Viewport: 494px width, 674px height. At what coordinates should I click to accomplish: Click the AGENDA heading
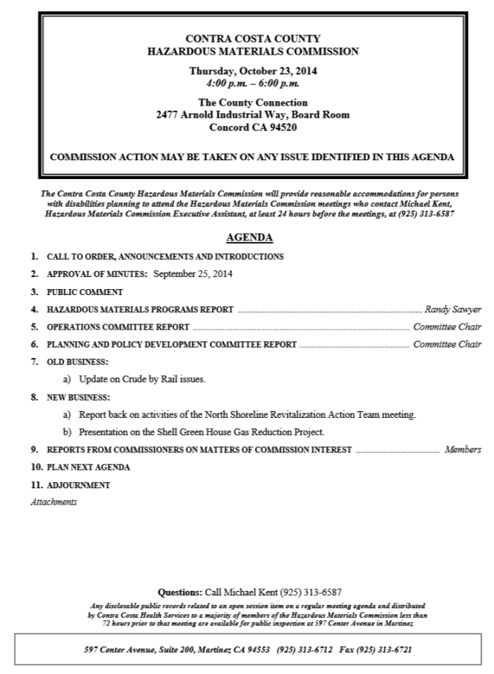tap(249, 238)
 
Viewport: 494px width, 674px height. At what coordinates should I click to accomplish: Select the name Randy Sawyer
tap(453, 309)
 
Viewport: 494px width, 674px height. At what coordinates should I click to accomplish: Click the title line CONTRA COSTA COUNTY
tap(252, 39)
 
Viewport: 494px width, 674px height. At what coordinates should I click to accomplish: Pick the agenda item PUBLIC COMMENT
tap(85, 291)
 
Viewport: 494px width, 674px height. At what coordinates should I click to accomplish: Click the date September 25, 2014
tap(193, 273)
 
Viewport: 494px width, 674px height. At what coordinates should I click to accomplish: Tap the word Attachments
tap(53, 502)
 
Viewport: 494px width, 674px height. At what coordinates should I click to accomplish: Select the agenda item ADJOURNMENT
tap(78, 485)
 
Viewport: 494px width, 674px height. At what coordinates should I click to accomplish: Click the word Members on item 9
tap(463, 450)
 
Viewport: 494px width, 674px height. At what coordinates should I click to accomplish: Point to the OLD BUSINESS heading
tap(77, 362)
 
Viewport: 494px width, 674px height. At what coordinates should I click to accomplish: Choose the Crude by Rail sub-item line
tap(141, 380)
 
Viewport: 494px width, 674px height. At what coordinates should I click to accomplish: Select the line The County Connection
tap(252, 103)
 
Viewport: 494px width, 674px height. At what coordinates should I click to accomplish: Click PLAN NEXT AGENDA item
tap(88, 467)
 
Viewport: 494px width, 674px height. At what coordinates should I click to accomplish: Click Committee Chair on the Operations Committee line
tap(447, 327)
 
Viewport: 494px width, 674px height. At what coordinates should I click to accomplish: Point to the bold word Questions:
tap(180, 592)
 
